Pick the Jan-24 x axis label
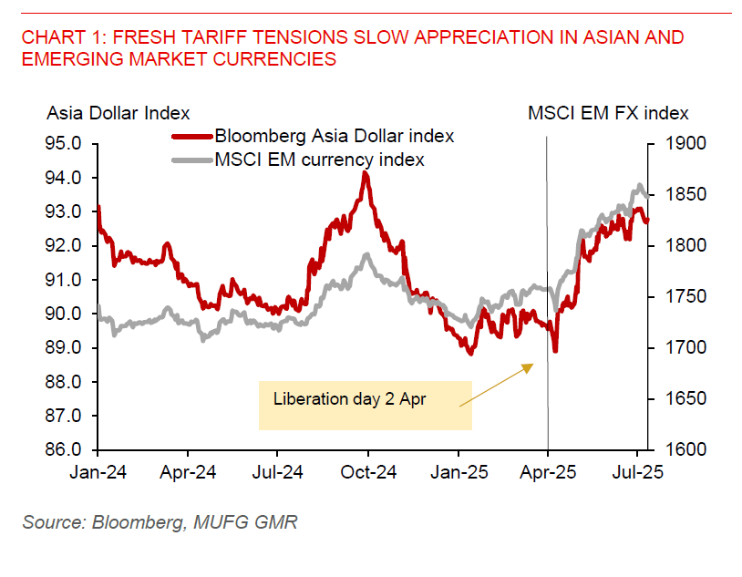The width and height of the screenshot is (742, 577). pos(98,473)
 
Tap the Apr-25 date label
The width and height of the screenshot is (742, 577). pos(548,473)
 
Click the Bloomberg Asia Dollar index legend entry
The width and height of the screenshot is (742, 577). pos(335,137)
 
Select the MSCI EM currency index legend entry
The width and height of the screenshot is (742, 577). pos(319,160)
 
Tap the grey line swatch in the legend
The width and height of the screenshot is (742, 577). pos(192,160)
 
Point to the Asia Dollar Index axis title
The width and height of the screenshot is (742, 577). pos(119,113)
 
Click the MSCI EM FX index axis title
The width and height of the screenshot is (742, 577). pos(609,113)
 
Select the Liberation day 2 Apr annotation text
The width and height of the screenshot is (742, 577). pos(350,399)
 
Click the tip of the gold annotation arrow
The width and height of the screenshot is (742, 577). pos(532,364)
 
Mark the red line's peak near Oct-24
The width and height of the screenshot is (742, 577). pos(366,173)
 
